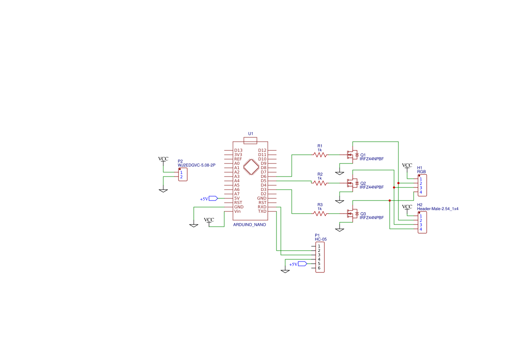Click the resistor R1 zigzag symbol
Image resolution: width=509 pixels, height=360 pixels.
pyautogui.click(x=320, y=155)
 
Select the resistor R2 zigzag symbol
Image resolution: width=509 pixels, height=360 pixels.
pyautogui.click(x=320, y=183)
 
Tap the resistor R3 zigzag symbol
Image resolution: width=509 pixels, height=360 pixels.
pyautogui.click(x=320, y=214)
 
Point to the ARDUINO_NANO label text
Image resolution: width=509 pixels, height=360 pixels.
pyautogui.click(x=249, y=225)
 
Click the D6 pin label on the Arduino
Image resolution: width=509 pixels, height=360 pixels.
pyautogui.click(x=263, y=177)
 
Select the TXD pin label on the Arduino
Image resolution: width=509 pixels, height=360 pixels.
pyautogui.click(x=262, y=211)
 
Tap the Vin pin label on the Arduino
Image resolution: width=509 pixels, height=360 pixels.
pyautogui.click(x=238, y=211)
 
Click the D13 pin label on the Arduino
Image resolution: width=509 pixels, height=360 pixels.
pyautogui.click(x=238, y=150)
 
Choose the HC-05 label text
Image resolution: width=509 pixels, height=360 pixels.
pyautogui.click(x=321, y=239)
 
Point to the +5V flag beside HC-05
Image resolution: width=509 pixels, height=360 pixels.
pyautogui.click(x=298, y=264)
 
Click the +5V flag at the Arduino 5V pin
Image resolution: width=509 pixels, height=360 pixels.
pyautogui.click(x=209, y=198)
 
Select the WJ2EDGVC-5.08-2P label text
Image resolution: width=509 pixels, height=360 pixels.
pyautogui.click(x=196, y=165)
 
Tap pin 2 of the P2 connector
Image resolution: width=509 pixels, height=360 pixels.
pyautogui.click(x=182, y=177)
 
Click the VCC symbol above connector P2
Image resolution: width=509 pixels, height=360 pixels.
pyautogui.click(x=163, y=160)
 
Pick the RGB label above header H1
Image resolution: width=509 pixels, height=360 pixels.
pyautogui.click(x=421, y=172)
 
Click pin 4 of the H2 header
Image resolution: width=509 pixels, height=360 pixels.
pyautogui.click(x=421, y=229)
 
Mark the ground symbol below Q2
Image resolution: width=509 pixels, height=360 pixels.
pyautogui.click(x=340, y=201)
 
